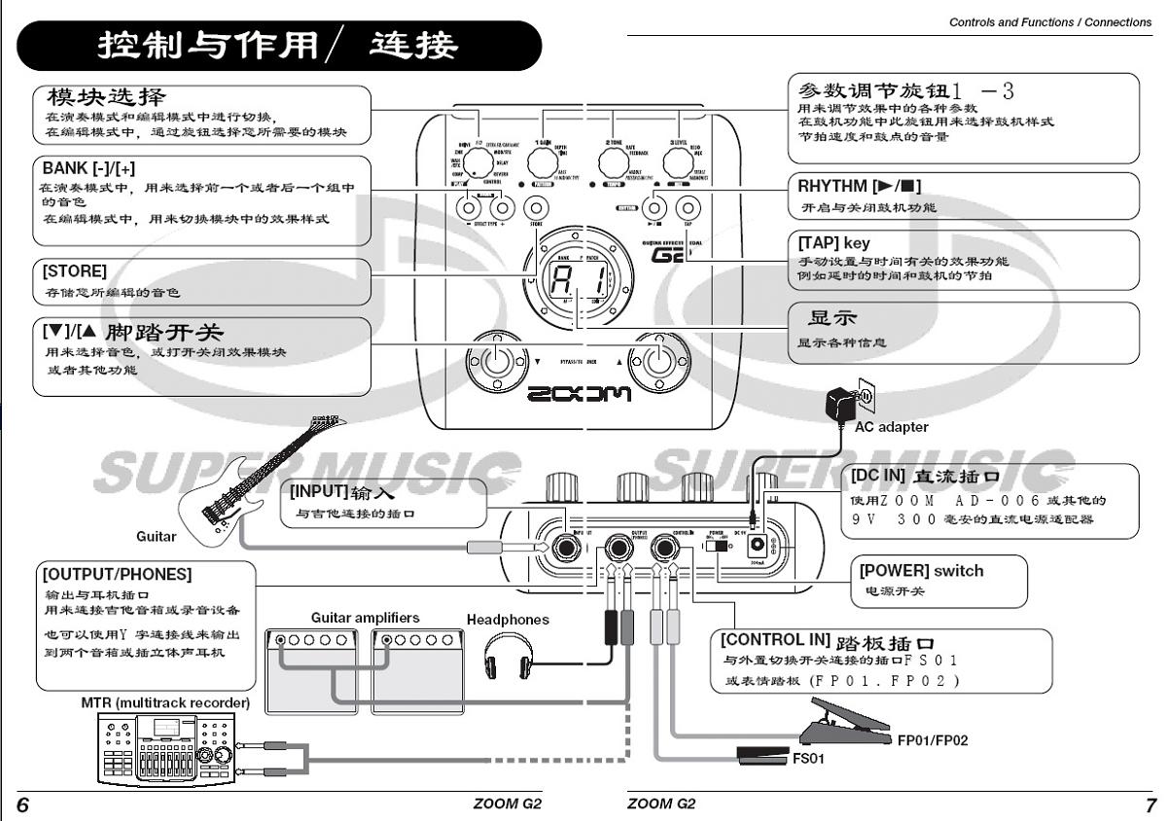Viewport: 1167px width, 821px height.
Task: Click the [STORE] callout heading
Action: (x=75, y=271)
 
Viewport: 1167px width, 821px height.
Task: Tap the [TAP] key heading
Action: (x=833, y=243)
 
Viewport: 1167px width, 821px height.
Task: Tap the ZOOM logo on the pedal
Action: (x=579, y=394)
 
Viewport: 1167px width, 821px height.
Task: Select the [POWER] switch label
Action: (x=920, y=570)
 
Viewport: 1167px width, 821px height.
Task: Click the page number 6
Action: (x=22, y=805)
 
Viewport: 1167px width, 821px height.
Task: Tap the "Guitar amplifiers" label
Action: (x=366, y=618)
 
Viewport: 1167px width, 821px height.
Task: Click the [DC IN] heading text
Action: (x=878, y=477)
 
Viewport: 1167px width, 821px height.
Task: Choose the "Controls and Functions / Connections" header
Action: (x=1049, y=22)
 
